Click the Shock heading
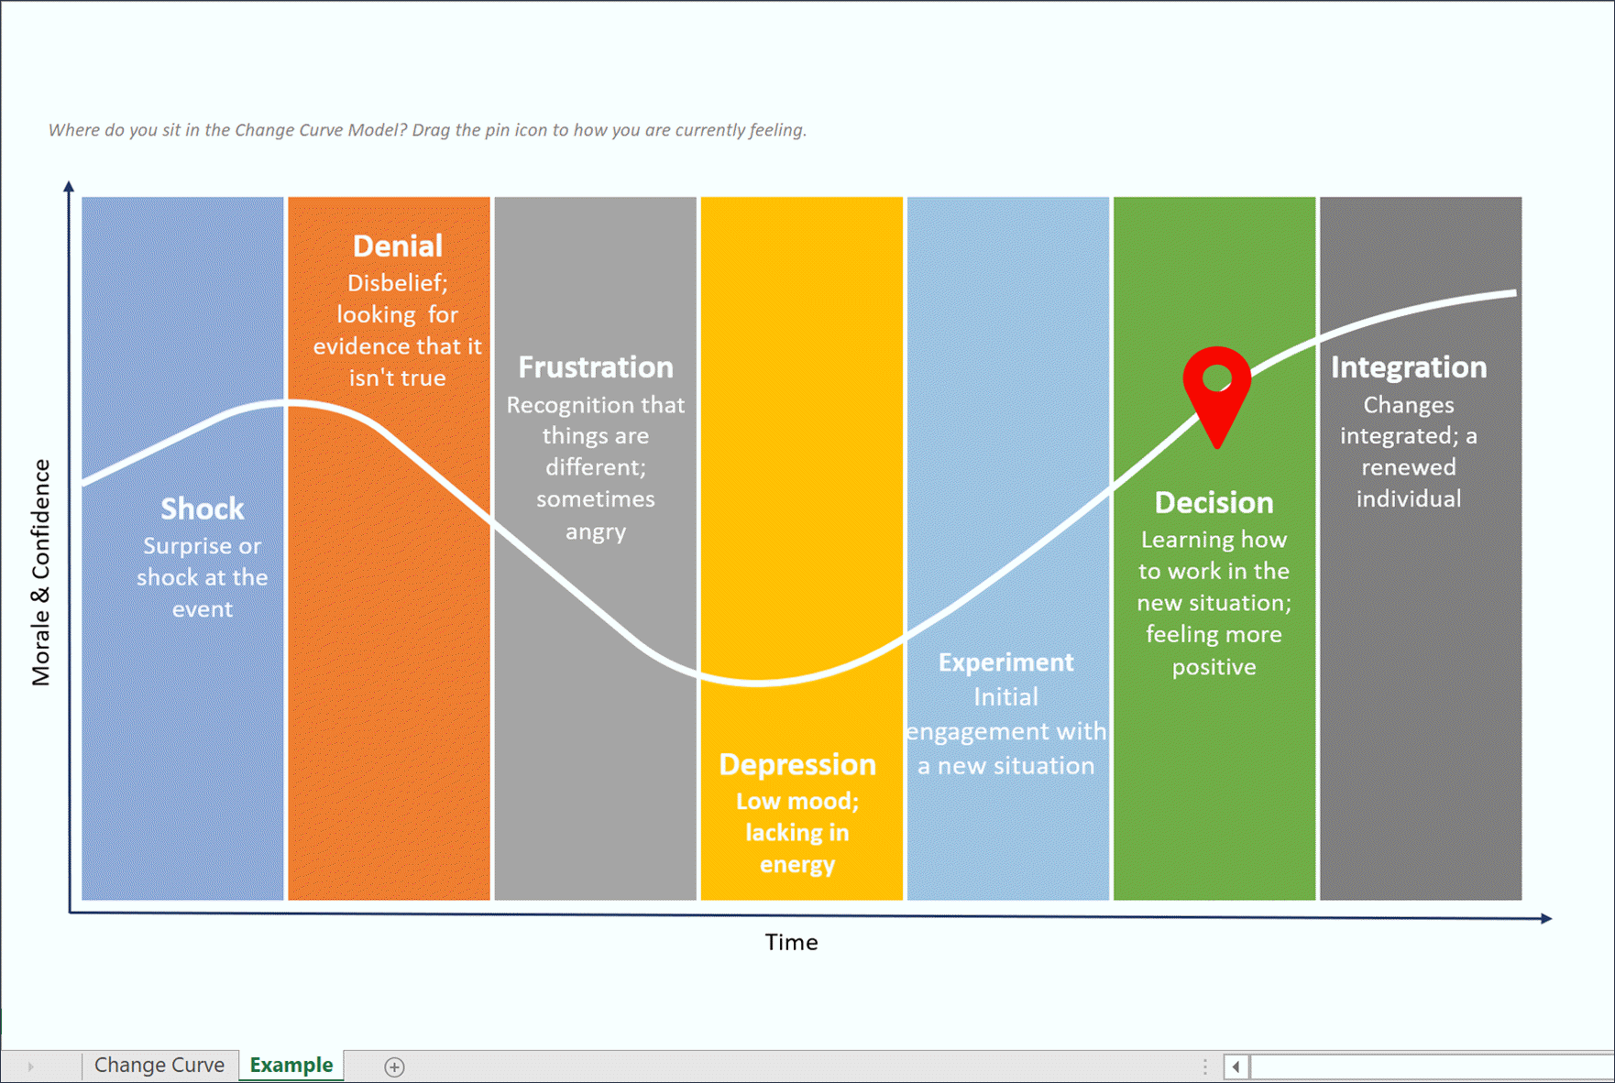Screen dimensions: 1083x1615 point(203,509)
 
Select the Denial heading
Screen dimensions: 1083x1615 point(398,246)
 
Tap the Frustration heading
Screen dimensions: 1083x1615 point(596,367)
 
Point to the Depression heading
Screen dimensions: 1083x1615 point(797,764)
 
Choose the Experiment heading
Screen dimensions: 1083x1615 point(1005,662)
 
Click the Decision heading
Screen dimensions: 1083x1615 point(1214,502)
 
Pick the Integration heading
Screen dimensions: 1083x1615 point(1409,367)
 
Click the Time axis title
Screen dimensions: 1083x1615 point(791,942)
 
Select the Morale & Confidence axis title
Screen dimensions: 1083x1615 point(41,573)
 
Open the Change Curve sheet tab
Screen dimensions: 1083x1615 point(159,1065)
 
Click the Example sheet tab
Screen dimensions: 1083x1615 point(291,1065)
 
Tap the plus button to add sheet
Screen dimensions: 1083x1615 point(394,1067)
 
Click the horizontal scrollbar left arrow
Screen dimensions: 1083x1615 point(1236,1067)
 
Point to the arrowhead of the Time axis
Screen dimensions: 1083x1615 point(1546,918)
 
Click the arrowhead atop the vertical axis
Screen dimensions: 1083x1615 point(69,187)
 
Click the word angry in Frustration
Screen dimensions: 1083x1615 point(596,531)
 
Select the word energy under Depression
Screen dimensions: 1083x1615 point(797,864)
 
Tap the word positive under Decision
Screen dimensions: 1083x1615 point(1214,667)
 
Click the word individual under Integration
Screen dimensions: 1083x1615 point(1409,498)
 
